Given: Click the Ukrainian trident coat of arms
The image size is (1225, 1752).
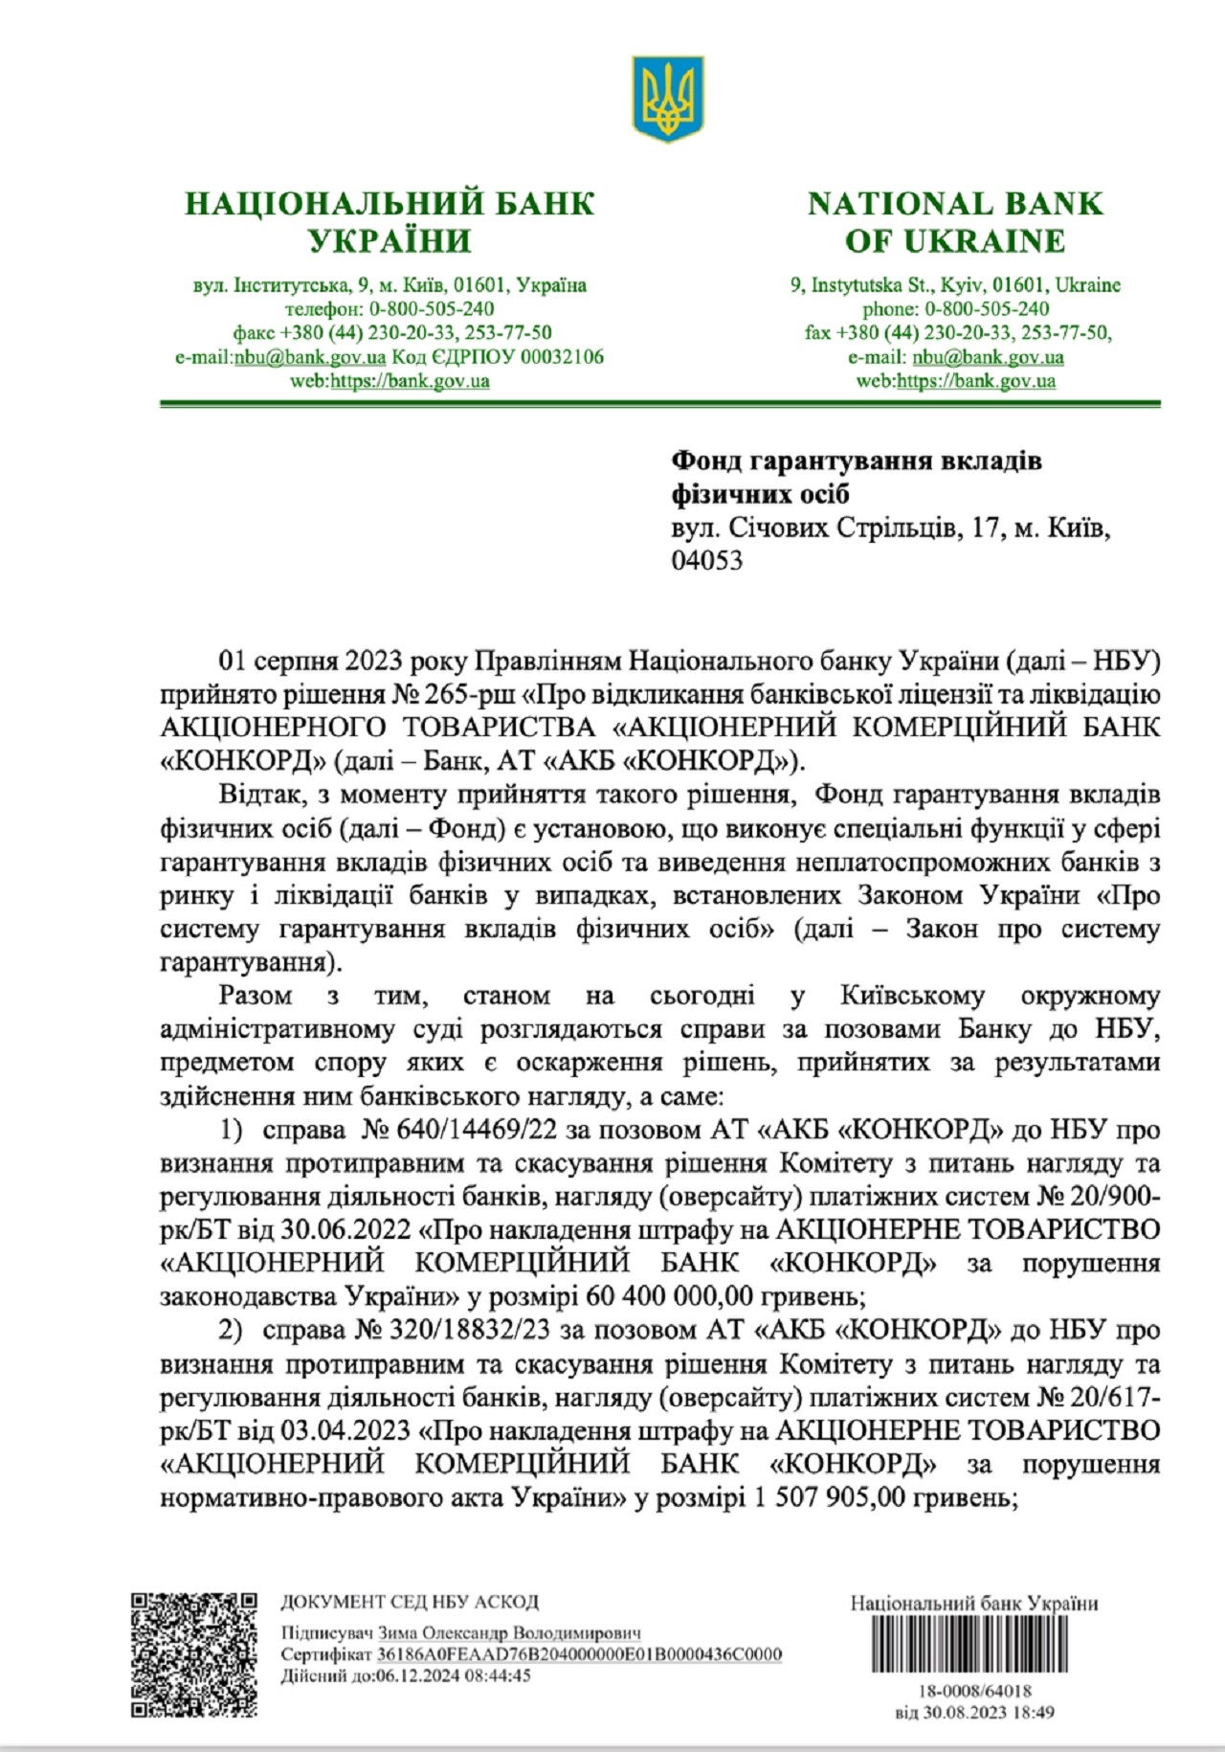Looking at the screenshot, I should tap(667, 100).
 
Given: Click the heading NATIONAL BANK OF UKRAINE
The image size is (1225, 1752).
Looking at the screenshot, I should tap(954, 221).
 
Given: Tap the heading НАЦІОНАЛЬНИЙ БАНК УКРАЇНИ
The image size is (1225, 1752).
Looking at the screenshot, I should tap(390, 221).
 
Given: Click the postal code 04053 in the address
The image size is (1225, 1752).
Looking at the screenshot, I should tap(706, 561).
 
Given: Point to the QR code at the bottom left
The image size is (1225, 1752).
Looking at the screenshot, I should tap(194, 1655).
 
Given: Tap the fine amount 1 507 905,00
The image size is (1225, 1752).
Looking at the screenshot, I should tap(829, 1496).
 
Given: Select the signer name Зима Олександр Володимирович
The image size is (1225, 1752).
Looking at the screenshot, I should tap(509, 1633).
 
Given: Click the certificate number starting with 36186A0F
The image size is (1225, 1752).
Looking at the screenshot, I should tap(579, 1654).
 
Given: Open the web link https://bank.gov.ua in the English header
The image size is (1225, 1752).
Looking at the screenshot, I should tap(976, 381).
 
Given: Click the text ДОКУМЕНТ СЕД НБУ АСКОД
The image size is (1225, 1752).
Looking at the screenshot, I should tap(410, 1603).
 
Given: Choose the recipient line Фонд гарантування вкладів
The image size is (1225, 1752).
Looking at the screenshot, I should tap(856, 461).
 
